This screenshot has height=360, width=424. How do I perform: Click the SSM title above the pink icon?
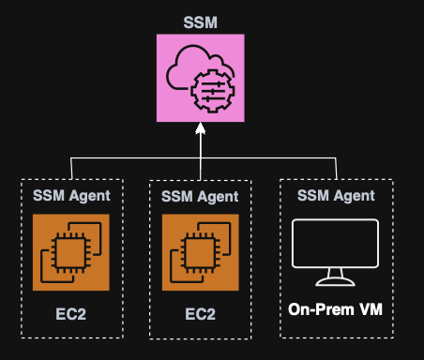coord(199,21)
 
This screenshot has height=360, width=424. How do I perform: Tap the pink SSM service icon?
coord(200,78)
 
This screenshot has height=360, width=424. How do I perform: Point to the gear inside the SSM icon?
coord(208,90)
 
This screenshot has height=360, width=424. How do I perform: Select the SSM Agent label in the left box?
coord(72,196)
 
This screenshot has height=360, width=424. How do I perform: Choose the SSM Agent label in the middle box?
coord(200,197)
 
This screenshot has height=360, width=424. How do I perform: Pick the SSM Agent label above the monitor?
coord(336,196)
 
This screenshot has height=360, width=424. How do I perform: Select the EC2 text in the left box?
coord(71,312)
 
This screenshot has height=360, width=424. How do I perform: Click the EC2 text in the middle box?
coord(200,312)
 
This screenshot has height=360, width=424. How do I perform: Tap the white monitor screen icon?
coord(335,244)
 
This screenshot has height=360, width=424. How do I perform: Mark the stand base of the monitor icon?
coord(335,283)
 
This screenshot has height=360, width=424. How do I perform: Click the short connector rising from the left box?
coord(71,168)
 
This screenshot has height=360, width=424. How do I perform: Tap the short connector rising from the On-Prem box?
coord(336,168)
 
